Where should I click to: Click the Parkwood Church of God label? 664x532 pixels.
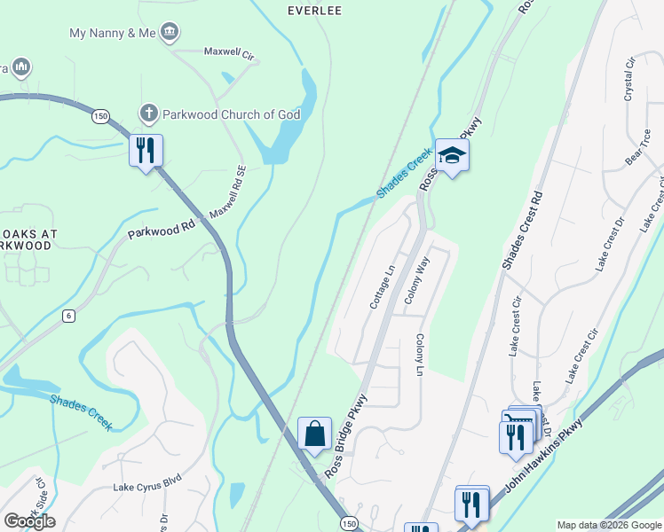[232, 114]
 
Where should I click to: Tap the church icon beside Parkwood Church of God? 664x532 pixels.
[149, 113]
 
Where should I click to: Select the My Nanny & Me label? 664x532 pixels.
[115, 33]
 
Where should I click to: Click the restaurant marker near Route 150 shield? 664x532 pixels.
[146, 150]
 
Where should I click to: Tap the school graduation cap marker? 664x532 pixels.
[452, 156]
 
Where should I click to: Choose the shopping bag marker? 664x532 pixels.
[314, 434]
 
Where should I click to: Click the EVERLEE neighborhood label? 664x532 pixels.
[314, 11]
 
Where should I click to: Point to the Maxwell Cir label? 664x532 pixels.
[230, 53]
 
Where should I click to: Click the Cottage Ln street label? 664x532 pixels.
[383, 286]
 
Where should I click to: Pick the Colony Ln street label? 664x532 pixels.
[420, 355]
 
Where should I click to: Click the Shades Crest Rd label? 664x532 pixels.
[522, 229]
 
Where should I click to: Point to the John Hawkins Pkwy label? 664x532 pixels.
[543, 457]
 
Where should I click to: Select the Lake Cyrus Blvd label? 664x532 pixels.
[147, 487]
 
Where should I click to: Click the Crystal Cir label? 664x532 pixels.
[631, 79]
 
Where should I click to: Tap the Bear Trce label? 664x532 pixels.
[644, 147]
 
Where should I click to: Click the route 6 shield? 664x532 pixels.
[67, 316]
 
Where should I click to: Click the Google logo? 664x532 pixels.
[29, 521]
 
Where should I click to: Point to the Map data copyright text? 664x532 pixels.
[608, 525]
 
